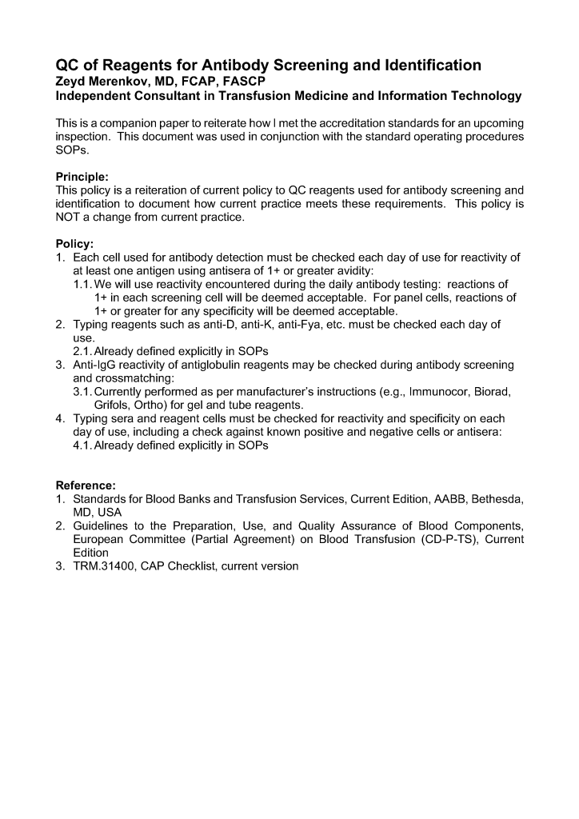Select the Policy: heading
pyautogui.click(x=74, y=243)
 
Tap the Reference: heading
pyautogui.click(x=86, y=485)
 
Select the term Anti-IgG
pyautogui.click(x=96, y=365)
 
